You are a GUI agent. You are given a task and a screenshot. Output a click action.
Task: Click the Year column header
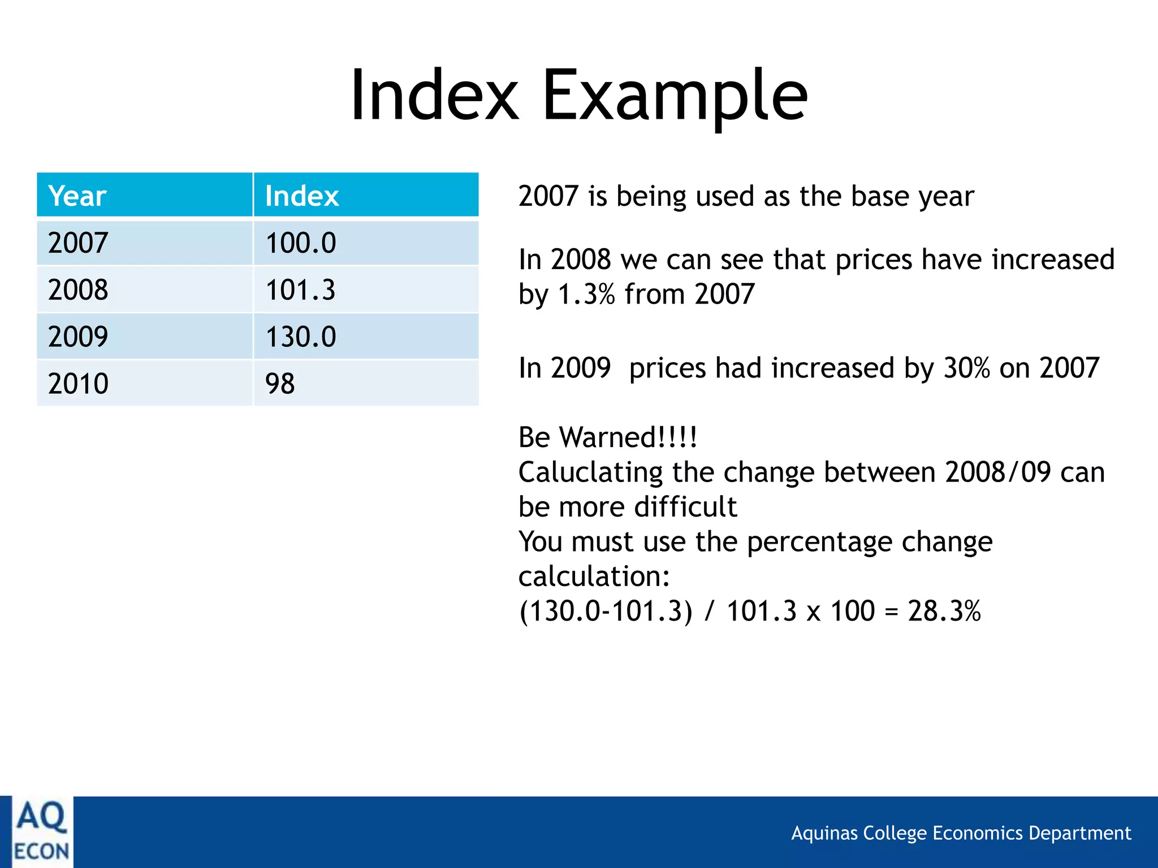point(77,196)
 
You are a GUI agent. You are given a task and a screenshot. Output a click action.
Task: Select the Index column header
point(301,196)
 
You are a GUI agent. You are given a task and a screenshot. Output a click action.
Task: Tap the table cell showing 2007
point(78,243)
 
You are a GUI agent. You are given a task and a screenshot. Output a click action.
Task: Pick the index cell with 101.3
point(300,290)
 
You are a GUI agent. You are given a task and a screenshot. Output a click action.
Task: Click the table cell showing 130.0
point(301,337)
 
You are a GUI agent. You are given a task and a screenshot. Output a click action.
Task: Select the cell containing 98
point(280,384)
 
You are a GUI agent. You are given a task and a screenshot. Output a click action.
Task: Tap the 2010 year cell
point(78,384)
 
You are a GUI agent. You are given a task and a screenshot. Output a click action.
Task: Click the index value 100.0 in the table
point(301,243)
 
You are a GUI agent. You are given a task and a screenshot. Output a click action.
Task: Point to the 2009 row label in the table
point(78,337)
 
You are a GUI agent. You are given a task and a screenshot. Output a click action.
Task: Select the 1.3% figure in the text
point(586,294)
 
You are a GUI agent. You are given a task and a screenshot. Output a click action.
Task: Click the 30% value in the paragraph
point(966,368)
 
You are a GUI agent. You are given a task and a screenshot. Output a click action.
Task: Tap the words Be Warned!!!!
point(608,437)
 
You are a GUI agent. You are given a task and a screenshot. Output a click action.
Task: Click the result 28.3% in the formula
point(944,611)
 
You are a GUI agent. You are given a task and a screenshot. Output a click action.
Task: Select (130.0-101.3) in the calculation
point(605,611)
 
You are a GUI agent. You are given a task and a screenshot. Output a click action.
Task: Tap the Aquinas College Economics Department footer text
point(961,833)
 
